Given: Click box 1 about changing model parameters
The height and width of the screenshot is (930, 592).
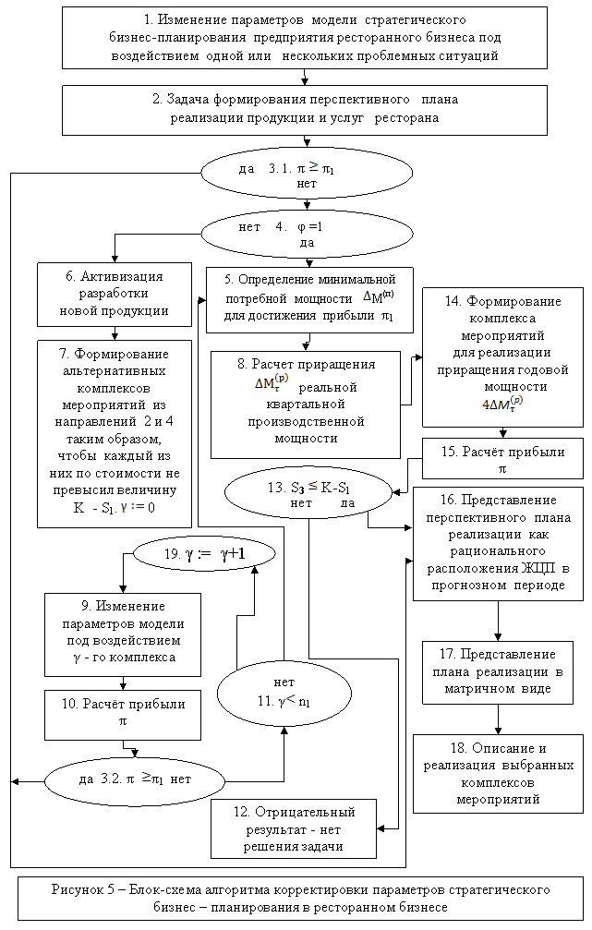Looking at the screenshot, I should tap(305, 38).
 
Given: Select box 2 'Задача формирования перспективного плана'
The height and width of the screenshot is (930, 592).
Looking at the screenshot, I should tap(305, 110).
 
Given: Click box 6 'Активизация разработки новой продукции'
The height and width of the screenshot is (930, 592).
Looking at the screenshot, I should tap(115, 294).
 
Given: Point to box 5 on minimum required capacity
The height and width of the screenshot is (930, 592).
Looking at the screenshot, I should tap(310, 297).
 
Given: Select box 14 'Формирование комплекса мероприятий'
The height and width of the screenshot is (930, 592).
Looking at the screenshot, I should tap(502, 356).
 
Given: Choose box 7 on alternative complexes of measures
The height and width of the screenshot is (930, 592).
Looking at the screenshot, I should tap(115, 433).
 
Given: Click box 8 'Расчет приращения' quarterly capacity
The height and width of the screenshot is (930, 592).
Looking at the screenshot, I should tap(306, 404).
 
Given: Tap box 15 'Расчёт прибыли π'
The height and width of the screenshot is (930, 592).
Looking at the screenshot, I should tap(502, 458).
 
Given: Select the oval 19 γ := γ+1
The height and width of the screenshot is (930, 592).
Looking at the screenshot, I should tap(204, 553).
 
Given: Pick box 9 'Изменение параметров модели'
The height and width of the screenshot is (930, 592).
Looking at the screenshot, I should tap(122, 632).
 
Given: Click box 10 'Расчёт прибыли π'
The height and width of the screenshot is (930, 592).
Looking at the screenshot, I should tap(122, 715).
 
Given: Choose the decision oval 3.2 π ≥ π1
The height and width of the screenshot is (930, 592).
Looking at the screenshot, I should tap(135, 779).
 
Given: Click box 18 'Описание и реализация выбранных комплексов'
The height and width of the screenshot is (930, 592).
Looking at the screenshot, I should tap(499, 773).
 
